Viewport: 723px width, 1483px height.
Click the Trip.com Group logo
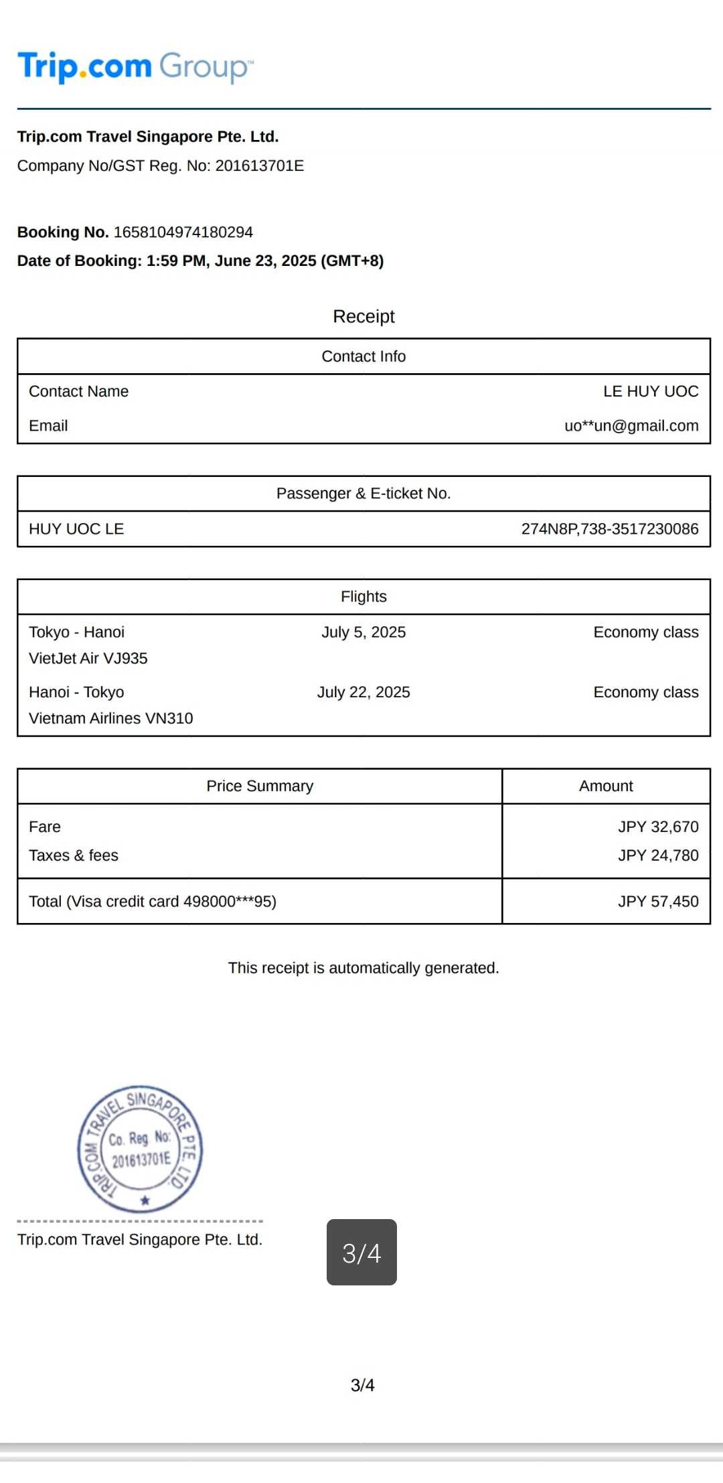(135, 66)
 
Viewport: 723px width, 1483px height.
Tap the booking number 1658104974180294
(183, 232)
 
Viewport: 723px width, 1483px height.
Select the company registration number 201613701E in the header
(259, 166)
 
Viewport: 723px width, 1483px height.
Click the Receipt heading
(364, 316)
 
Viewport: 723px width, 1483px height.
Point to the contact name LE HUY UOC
(650, 391)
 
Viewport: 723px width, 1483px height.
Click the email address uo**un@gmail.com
(631, 426)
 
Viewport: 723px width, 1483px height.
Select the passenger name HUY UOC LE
(76, 529)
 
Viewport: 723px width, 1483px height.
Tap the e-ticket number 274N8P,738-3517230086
(609, 529)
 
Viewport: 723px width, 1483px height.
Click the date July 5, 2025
(364, 632)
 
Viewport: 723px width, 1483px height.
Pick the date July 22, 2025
(364, 692)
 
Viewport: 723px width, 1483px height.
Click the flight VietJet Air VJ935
(88, 658)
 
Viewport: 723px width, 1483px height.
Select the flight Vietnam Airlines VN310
(111, 718)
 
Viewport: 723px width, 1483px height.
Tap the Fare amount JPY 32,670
(657, 827)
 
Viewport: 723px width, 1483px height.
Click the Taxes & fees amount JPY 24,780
(657, 855)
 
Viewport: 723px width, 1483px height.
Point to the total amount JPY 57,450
(657, 902)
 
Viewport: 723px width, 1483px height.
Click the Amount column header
(606, 786)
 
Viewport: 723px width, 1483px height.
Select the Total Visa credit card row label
(153, 902)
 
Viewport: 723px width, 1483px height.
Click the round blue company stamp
(141, 1148)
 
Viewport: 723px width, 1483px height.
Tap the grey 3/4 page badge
(361, 1252)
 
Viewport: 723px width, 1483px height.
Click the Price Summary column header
(260, 786)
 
